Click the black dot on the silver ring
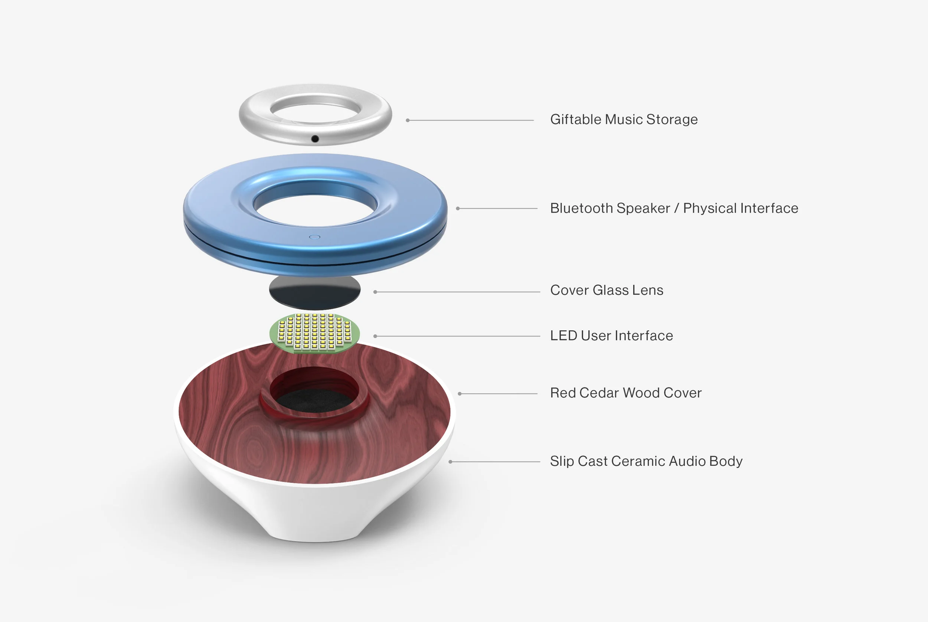pyautogui.click(x=315, y=139)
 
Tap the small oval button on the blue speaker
pyautogui.click(x=314, y=237)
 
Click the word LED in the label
pyautogui.click(x=563, y=336)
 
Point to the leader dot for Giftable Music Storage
pyautogui.click(x=408, y=120)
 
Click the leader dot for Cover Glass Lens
pyautogui.click(x=375, y=292)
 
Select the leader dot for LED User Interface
pyautogui.click(x=375, y=336)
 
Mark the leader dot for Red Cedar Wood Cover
pyautogui.click(x=460, y=394)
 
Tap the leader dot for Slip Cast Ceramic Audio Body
pyautogui.click(x=450, y=462)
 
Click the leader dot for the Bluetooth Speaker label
pyautogui.click(x=457, y=208)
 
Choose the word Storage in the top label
pyautogui.click(x=672, y=120)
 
